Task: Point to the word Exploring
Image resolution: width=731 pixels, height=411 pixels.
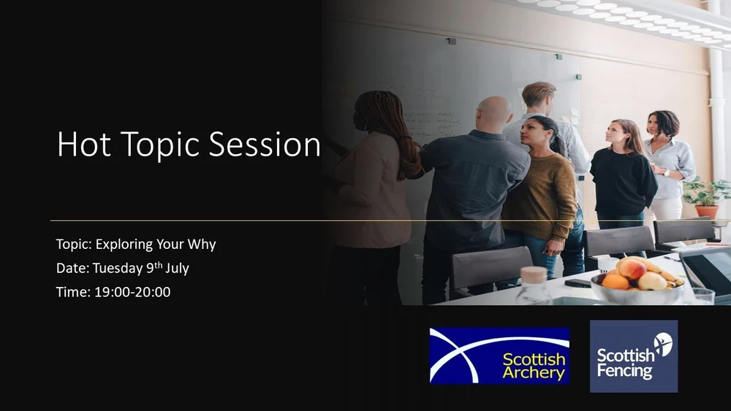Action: pyautogui.click(x=124, y=245)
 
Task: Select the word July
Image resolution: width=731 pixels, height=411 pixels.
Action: pyautogui.click(x=177, y=268)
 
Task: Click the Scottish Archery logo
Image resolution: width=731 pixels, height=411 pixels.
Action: pyautogui.click(x=499, y=356)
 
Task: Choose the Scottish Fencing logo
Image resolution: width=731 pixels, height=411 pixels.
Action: pyautogui.click(x=633, y=356)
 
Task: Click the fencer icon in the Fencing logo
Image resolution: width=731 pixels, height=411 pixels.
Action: pyautogui.click(x=662, y=344)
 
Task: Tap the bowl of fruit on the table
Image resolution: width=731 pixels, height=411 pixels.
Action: pyautogui.click(x=635, y=280)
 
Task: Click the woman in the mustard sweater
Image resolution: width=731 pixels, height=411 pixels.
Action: pyautogui.click(x=540, y=190)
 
